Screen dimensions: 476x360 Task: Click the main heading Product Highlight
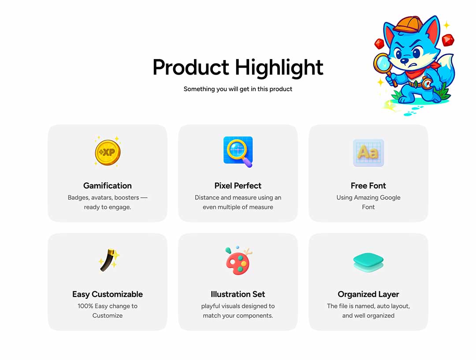pos(238,67)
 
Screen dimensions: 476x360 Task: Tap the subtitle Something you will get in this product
pos(238,89)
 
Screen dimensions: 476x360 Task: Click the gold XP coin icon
pos(108,152)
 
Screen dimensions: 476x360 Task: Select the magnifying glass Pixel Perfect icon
pos(238,152)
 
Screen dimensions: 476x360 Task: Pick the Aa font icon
pos(368,153)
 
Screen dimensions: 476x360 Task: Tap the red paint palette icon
pos(238,261)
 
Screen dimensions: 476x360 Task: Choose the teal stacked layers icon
pos(368,262)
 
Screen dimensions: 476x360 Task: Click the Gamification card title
pos(108,186)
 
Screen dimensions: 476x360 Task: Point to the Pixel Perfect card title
pos(238,186)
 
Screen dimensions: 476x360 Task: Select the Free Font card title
pos(368,186)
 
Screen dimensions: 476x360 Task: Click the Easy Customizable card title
pos(108,294)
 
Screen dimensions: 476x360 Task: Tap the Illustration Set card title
pos(238,294)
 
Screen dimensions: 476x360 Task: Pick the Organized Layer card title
pos(368,294)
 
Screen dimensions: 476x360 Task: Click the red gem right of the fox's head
pos(448,40)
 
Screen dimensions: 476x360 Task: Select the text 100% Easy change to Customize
pos(108,311)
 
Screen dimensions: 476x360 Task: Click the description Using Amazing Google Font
pos(368,202)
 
